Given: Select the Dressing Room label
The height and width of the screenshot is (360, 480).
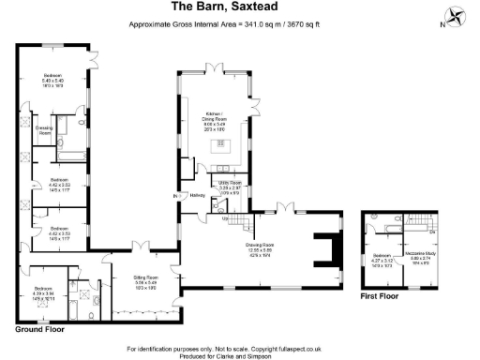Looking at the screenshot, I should coord(43,130).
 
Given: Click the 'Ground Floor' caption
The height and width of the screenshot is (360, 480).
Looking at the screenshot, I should coord(39,330).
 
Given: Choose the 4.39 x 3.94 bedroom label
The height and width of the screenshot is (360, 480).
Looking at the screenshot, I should coord(43,292).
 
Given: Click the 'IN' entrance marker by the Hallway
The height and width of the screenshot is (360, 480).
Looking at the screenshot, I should coord(174,196).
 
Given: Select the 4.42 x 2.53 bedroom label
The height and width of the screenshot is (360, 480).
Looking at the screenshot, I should coord(59,183).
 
